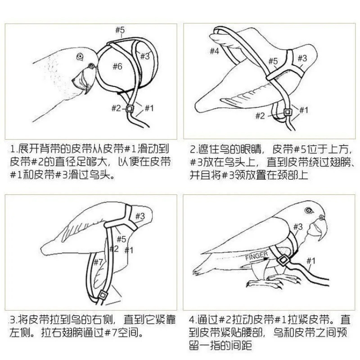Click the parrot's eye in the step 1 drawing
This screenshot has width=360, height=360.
click(80, 56)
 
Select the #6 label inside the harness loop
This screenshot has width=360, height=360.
click(117, 67)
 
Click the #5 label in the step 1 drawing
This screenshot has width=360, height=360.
click(120, 30)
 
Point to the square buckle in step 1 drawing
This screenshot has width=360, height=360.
click(130, 108)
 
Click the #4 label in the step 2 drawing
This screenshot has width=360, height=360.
click(214, 51)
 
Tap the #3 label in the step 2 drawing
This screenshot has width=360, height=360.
click(302, 58)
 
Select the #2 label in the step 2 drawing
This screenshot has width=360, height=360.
click(260, 116)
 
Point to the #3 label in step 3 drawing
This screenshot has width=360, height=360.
click(140, 216)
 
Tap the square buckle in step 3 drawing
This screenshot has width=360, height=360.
click(103, 294)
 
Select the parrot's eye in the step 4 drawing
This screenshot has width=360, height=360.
click(309, 211)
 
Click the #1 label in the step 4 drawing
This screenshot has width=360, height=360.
click(311, 260)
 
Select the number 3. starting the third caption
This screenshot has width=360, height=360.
click(13, 320)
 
